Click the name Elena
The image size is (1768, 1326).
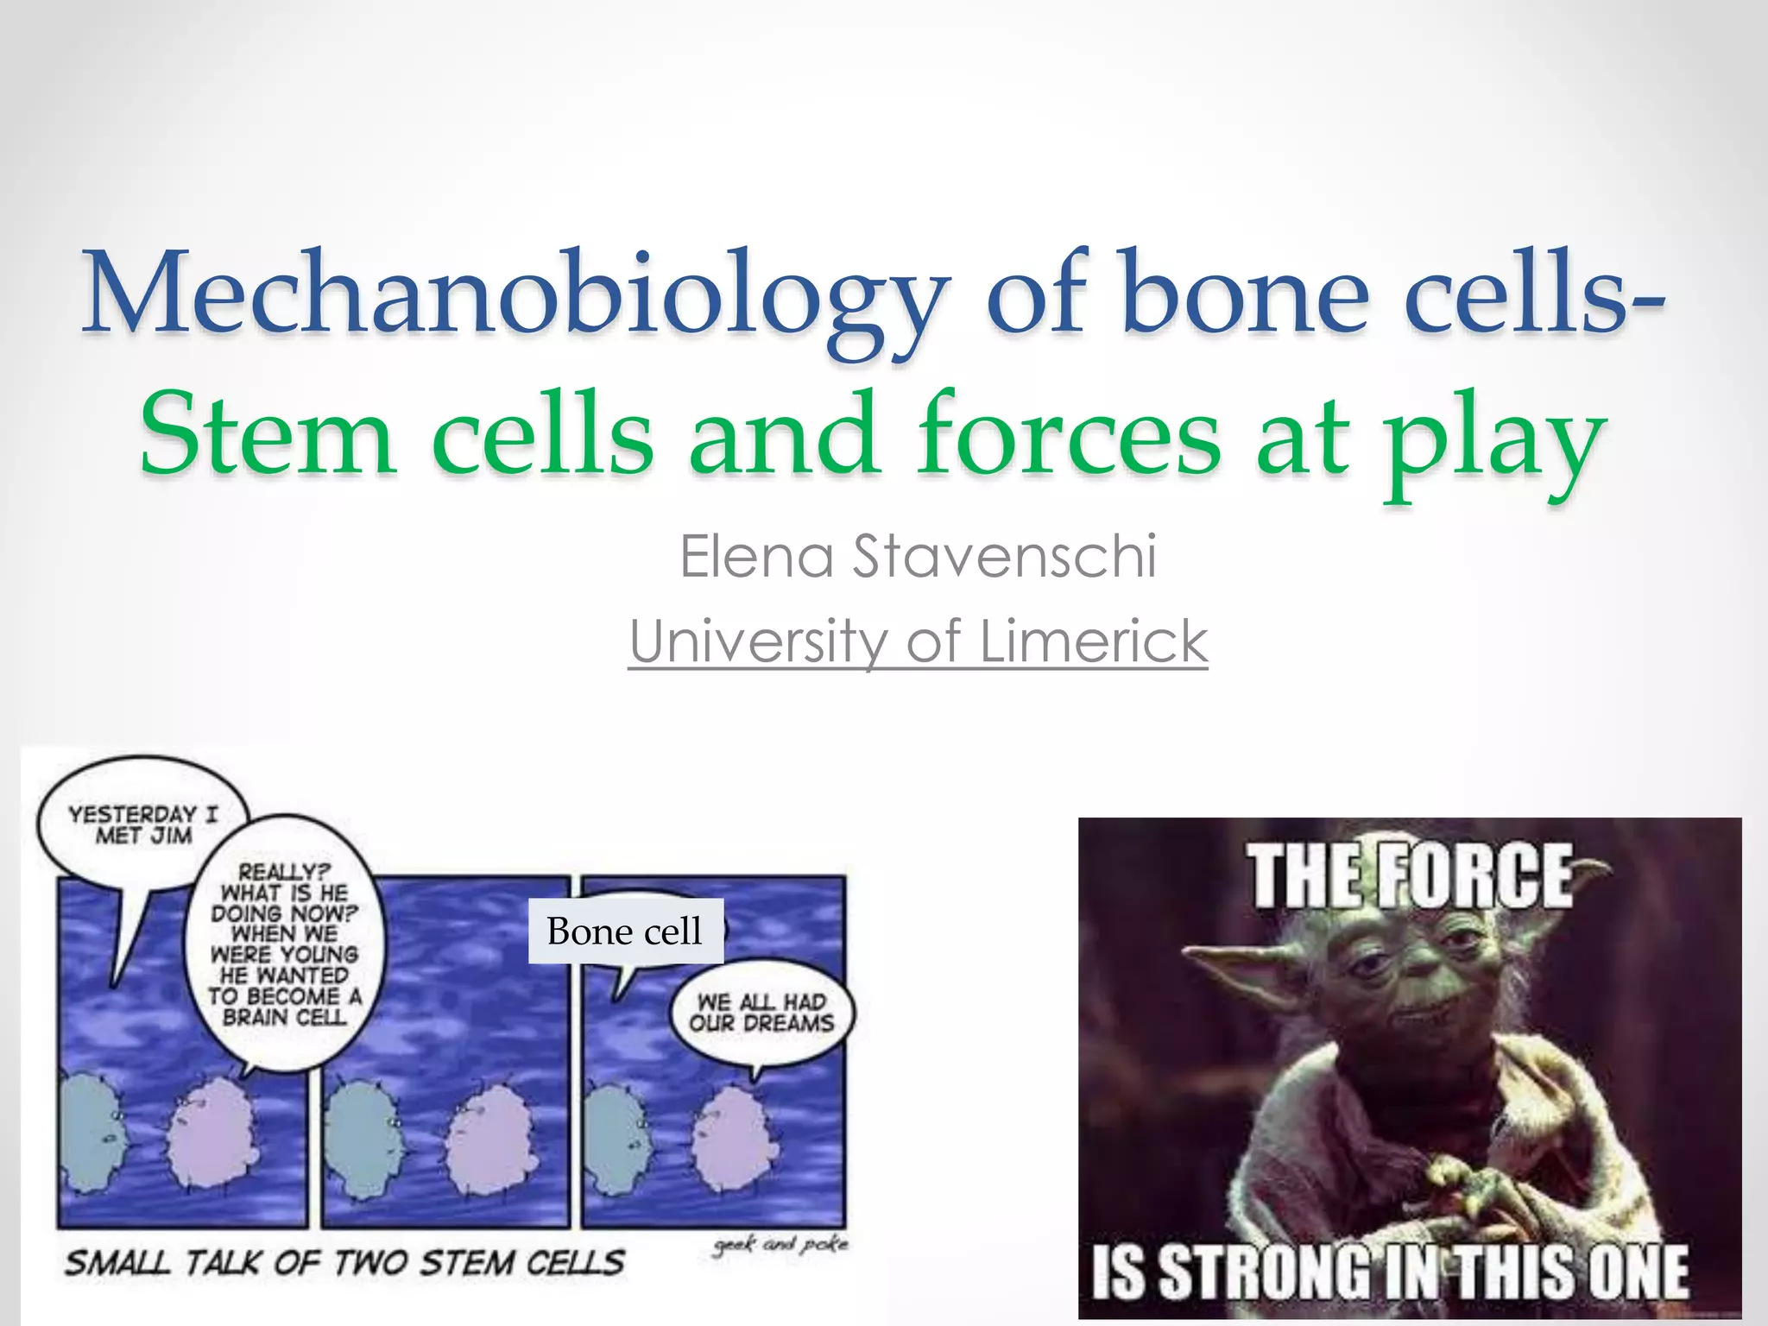(756, 557)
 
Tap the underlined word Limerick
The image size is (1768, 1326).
(1093, 641)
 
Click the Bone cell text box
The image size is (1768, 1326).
(625, 931)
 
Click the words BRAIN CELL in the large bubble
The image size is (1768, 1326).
(285, 1017)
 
